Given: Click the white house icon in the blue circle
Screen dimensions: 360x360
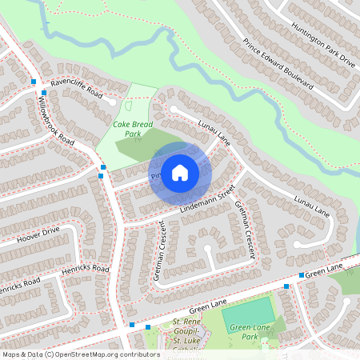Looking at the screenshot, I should point(180,172).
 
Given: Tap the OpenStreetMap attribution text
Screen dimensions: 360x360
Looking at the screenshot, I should point(80,354).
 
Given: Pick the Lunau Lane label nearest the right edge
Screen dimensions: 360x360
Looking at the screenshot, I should point(312,206).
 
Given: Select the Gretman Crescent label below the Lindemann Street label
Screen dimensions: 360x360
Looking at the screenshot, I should point(245,229).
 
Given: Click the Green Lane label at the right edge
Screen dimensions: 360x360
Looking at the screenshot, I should point(323,272).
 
